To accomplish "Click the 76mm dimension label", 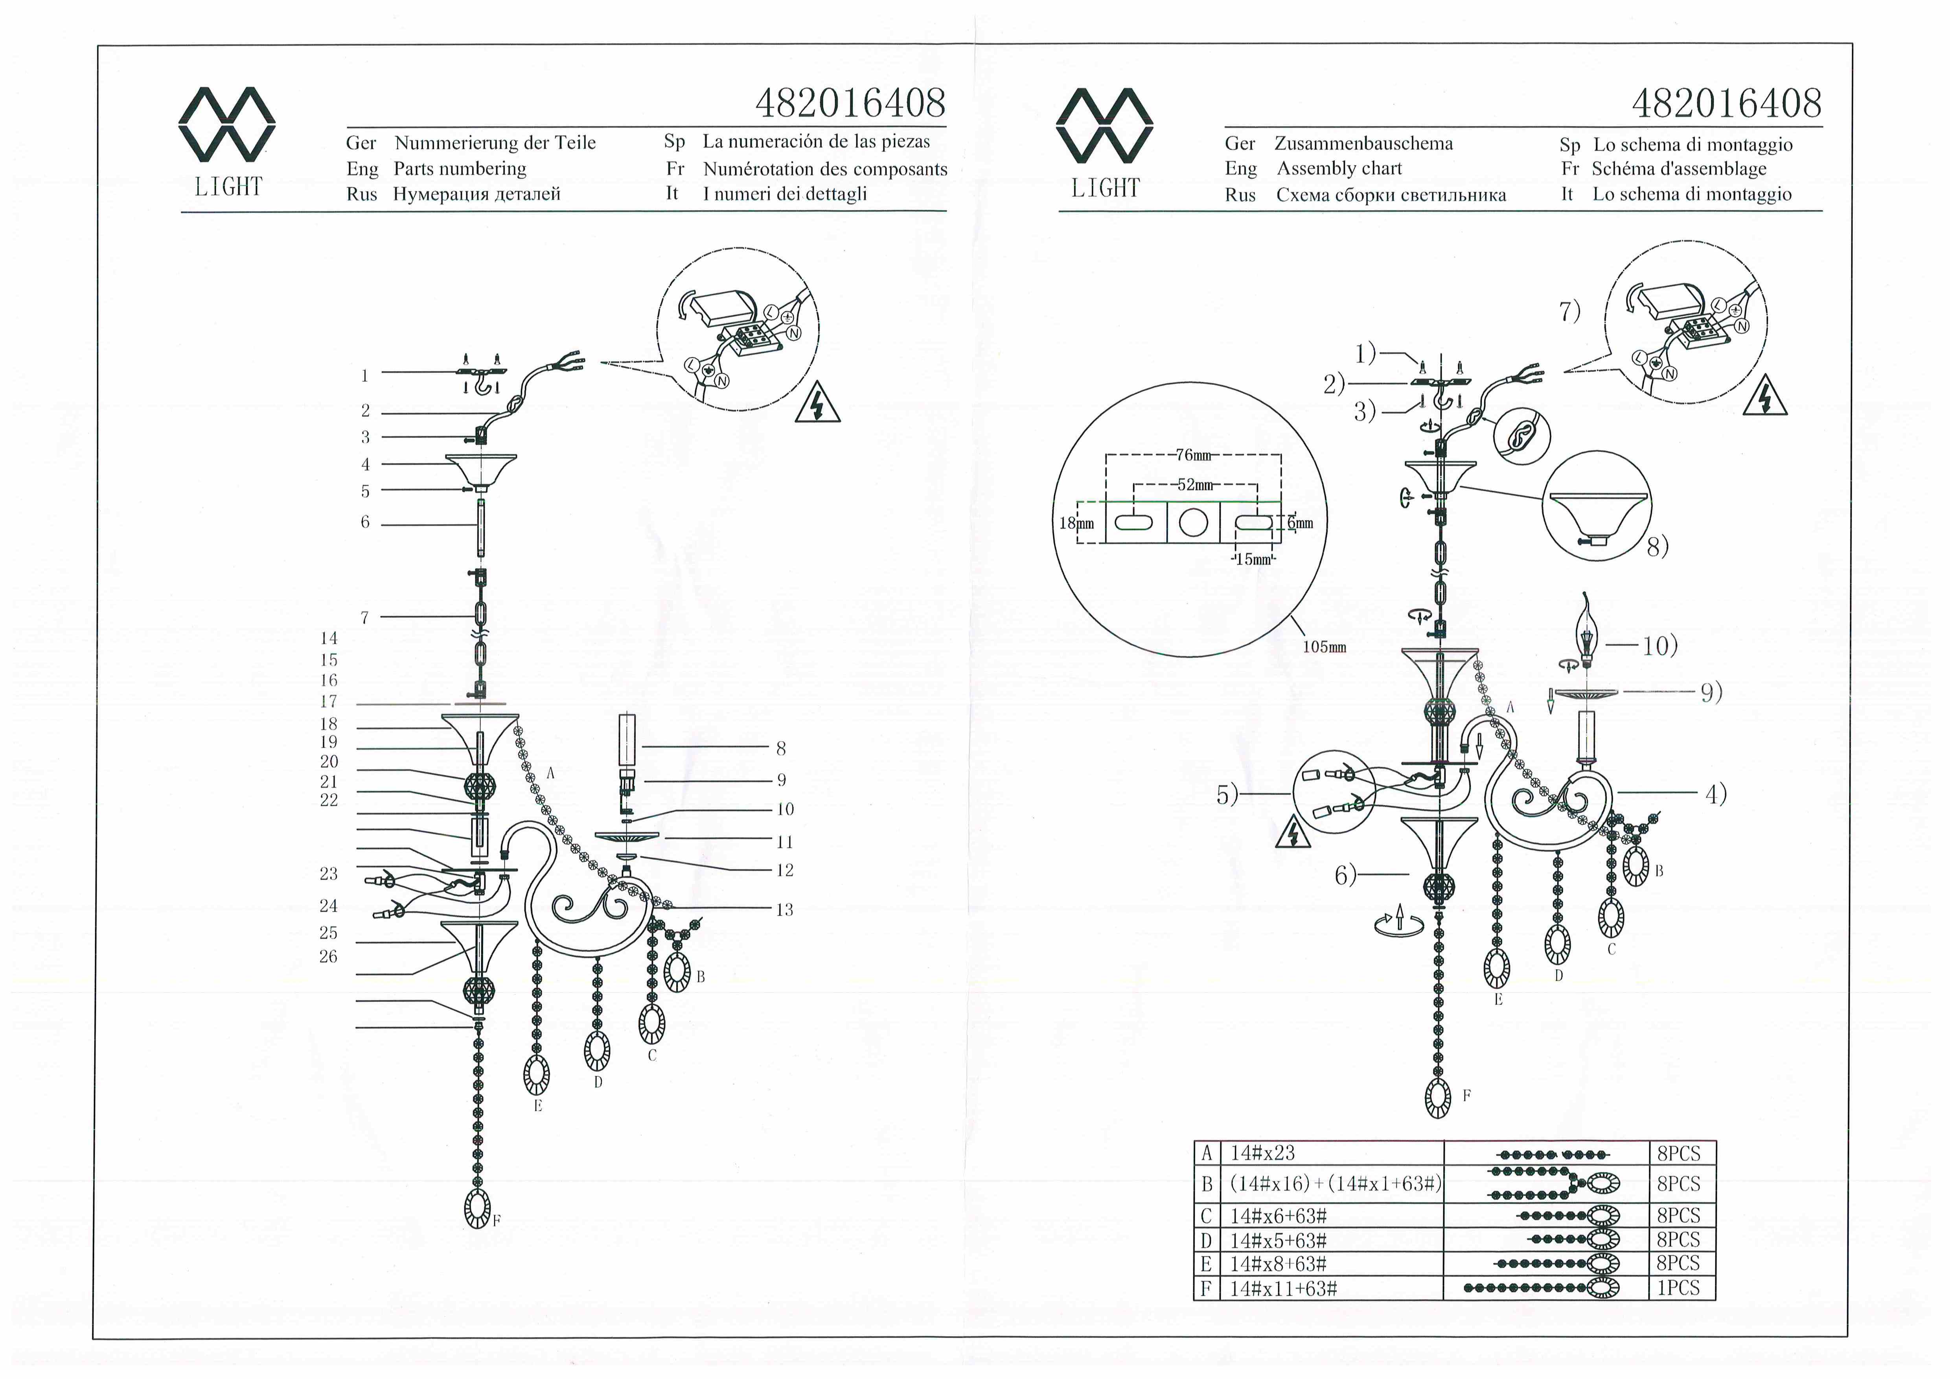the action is (1194, 455).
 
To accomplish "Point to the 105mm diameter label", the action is (1325, 648).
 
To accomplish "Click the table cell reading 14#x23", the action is (1262, 1153).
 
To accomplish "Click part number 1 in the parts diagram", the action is (364, 376).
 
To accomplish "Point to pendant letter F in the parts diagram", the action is (497, 1221).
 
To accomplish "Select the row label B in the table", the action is (1206, 1184).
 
